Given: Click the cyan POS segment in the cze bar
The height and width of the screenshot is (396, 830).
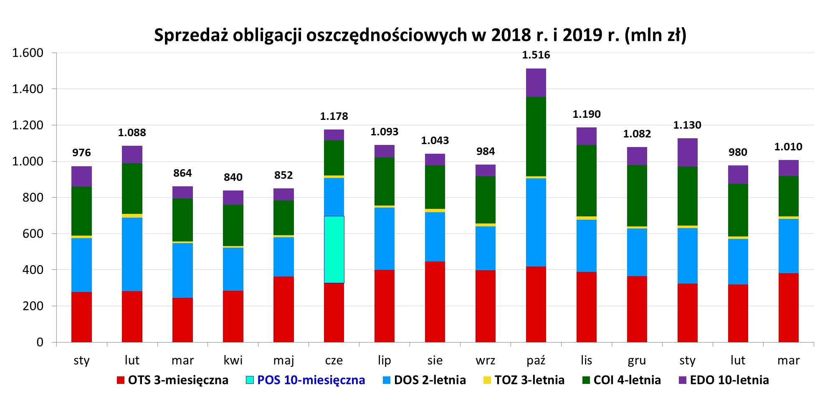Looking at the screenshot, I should (334, 249).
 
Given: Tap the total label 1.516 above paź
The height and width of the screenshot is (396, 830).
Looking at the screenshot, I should (536, 55).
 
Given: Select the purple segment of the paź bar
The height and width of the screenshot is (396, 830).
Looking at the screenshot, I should (536, 83).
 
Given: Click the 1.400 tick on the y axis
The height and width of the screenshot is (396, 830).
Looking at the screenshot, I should (28, 89).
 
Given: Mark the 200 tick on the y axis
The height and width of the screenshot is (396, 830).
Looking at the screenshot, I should (33, 306).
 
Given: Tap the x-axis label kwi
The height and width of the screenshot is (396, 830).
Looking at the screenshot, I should (233, 360).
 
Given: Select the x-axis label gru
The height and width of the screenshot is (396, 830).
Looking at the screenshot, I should (637, 360).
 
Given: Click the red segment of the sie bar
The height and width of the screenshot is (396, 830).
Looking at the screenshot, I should (435, 302).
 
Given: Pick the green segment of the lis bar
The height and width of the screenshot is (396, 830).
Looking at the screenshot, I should (587, 180).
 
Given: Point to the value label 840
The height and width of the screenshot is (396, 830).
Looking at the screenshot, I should (233, 178).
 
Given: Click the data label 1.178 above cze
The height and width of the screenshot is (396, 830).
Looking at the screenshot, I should (334, 117).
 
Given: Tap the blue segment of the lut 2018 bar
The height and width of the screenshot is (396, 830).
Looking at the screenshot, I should (132, 254).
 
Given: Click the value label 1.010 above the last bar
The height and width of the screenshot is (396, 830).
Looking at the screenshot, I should (788, 147).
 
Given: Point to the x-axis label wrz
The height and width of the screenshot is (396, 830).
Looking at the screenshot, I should (485, 360).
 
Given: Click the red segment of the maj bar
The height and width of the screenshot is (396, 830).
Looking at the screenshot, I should (283, 309).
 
